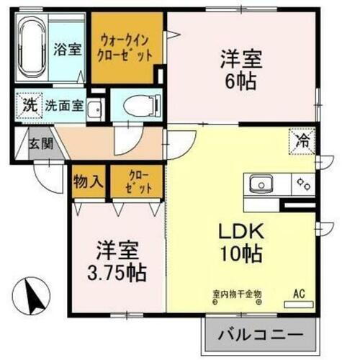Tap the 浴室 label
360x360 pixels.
pos(67,51)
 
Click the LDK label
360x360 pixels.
pos(240,232)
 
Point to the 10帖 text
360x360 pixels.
pos(240,253)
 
